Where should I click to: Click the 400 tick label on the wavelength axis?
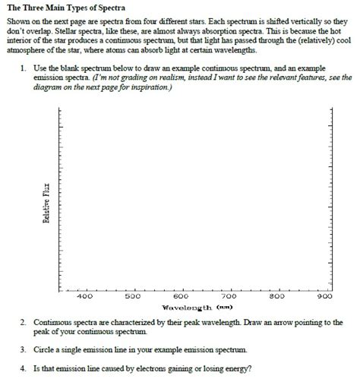[x=84, y=297]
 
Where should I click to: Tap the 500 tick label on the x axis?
[x=133, y=297]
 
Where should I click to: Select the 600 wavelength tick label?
[x=181, y=297]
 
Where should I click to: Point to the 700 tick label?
[x=229, y=297]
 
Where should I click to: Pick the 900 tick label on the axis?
[x=327, y=297]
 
